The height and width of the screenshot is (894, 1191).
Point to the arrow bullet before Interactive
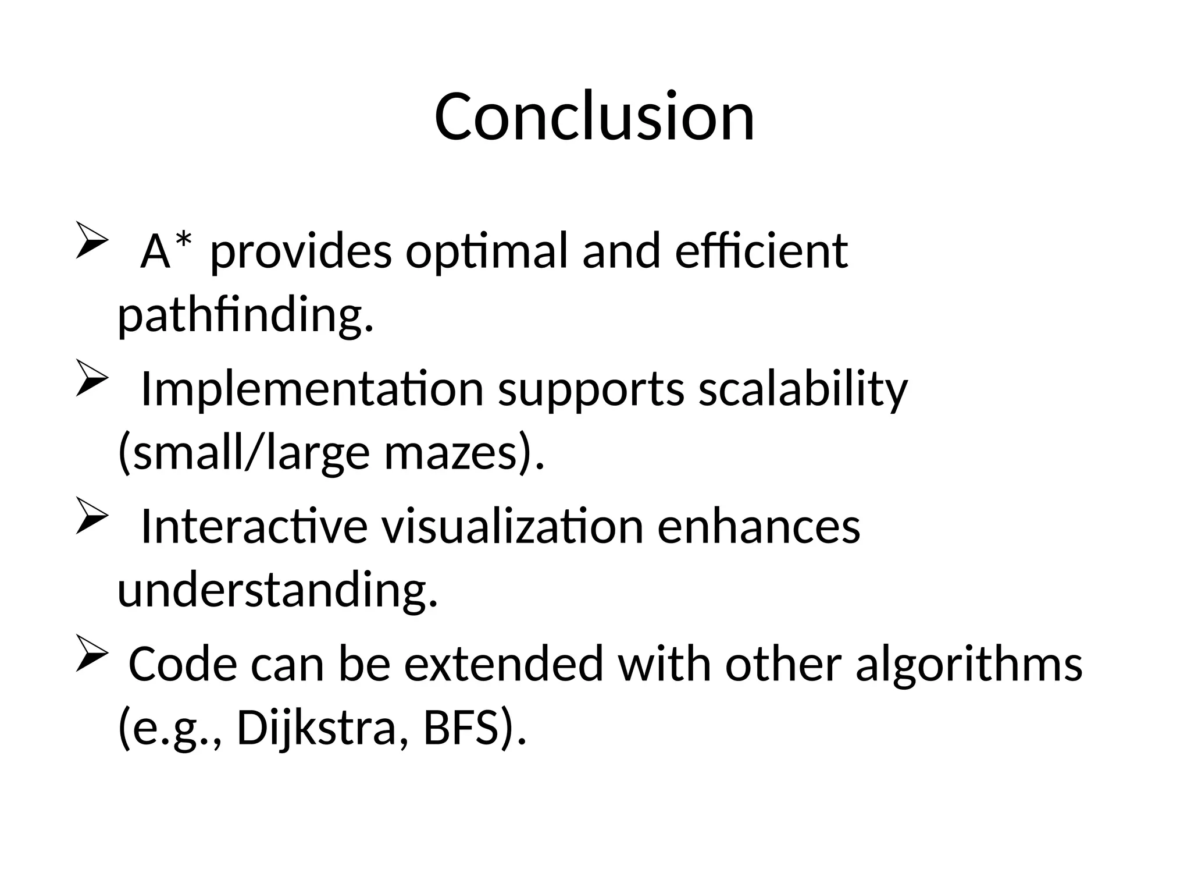click(x=92, y=515)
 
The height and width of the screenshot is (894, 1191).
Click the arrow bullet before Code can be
click(x=92, y=653)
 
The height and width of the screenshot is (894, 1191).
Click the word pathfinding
click(x=245, y=315)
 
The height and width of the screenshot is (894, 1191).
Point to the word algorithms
click(x=968, y=665)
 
